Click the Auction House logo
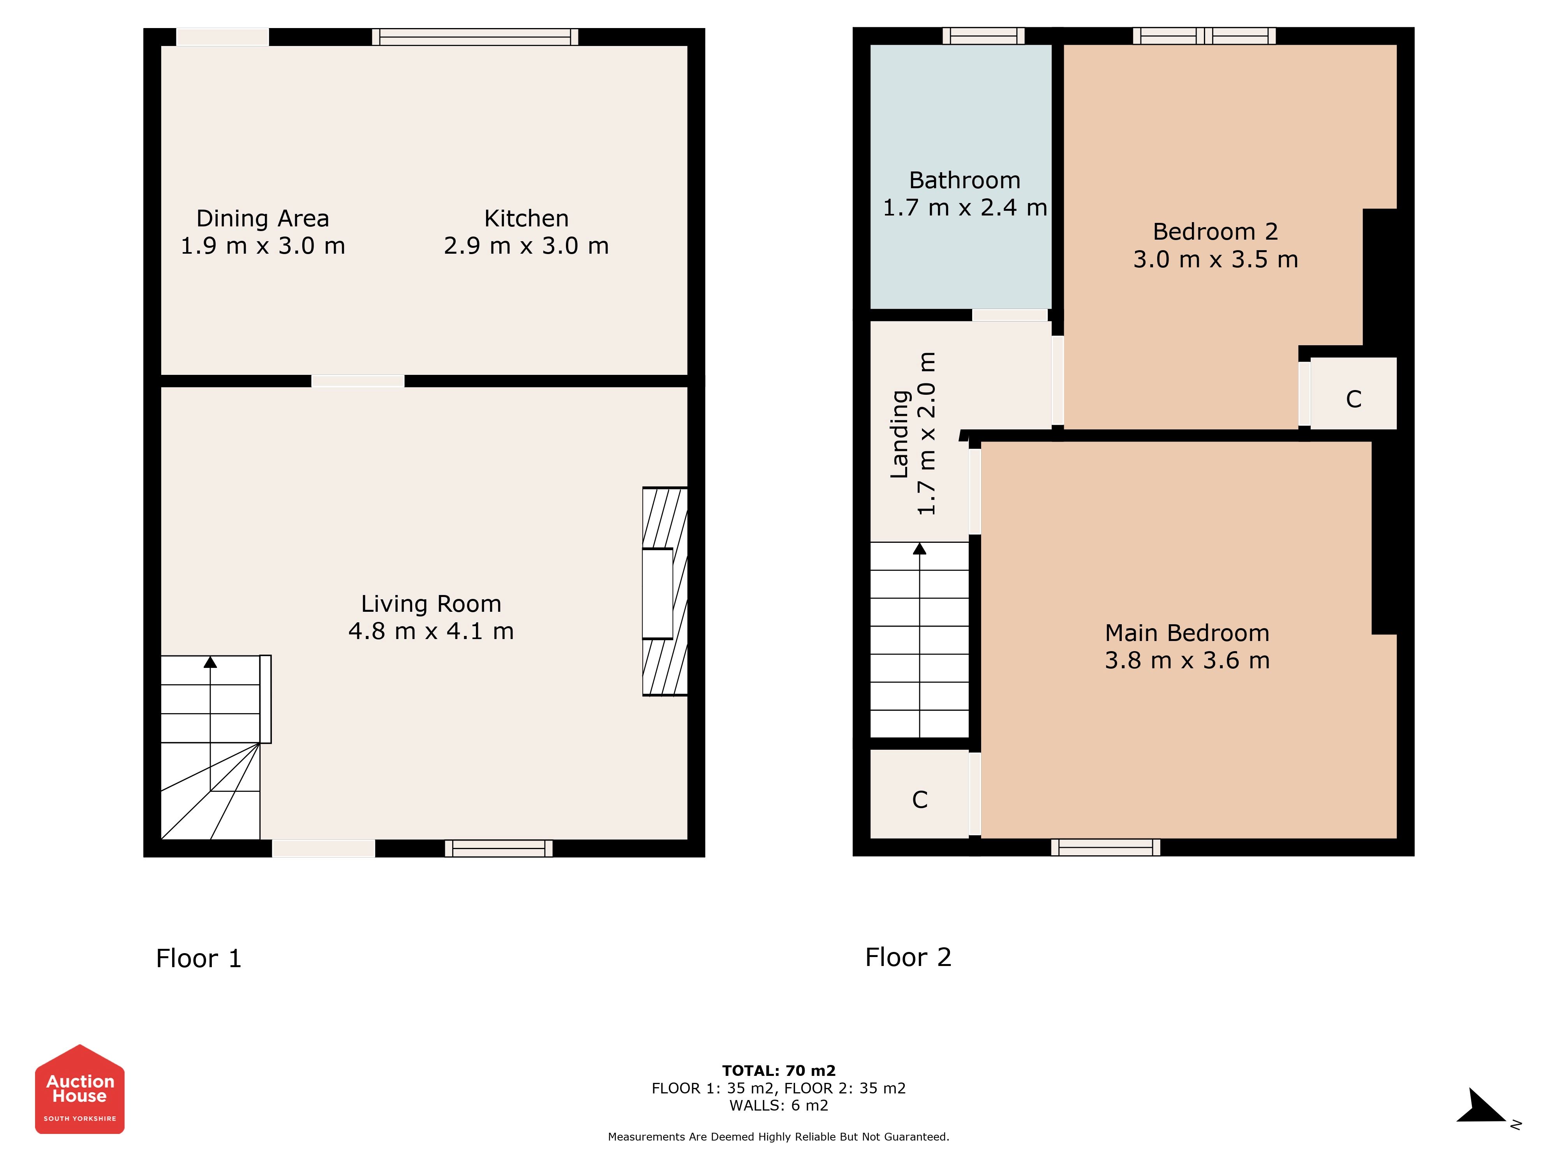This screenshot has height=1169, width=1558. pos(79,1089)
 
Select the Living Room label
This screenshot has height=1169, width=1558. pos(431,604)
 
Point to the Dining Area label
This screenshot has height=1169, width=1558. pos(263,219)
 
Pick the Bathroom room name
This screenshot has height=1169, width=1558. pos(965,180)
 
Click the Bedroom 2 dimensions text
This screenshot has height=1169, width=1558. pos(1216,259)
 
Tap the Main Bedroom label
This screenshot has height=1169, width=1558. pos(1188,633)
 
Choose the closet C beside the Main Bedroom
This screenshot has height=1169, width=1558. pos(920,800)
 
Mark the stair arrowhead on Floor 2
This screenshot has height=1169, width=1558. pos(920,548)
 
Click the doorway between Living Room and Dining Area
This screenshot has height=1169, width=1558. pos(358,381)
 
